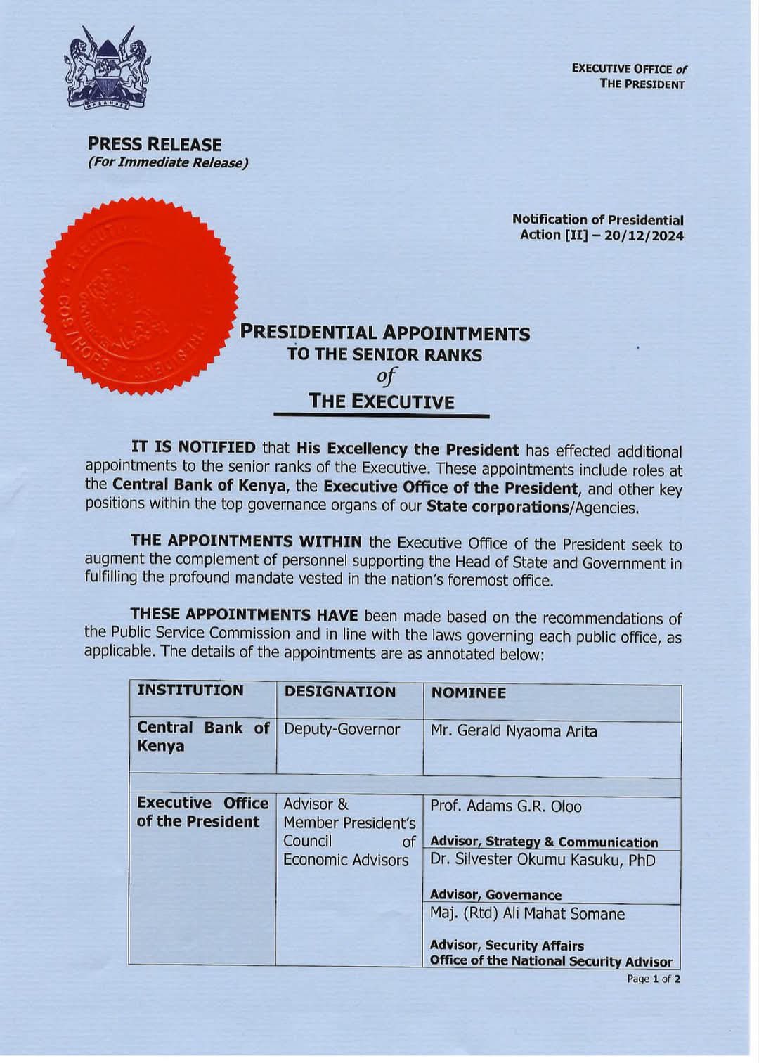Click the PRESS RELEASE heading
[x=155, y=145]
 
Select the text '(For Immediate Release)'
[x=168, y=163]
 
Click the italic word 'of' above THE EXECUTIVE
[x=386, y=376]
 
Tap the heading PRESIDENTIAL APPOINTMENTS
[x=385, y=333]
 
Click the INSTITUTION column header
[x=190, y=690]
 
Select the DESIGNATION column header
[x=339, y=692]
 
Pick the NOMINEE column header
[x=469, y=693]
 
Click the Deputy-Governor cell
[x=342, y=729]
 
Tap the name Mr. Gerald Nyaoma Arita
[x=514, y=731]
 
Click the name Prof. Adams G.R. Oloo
[x=506, y=806]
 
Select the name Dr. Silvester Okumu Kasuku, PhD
[x=543, y=861]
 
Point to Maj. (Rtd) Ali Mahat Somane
[x=527, y=914]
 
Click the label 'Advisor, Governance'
[x=495, y=895]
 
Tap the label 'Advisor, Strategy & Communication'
[x=544, y=842]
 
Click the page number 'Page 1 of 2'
[x=654, y=979]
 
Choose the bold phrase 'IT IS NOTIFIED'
[x=193, y=447]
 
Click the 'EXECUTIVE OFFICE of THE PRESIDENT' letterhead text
[x=629, y=77]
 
